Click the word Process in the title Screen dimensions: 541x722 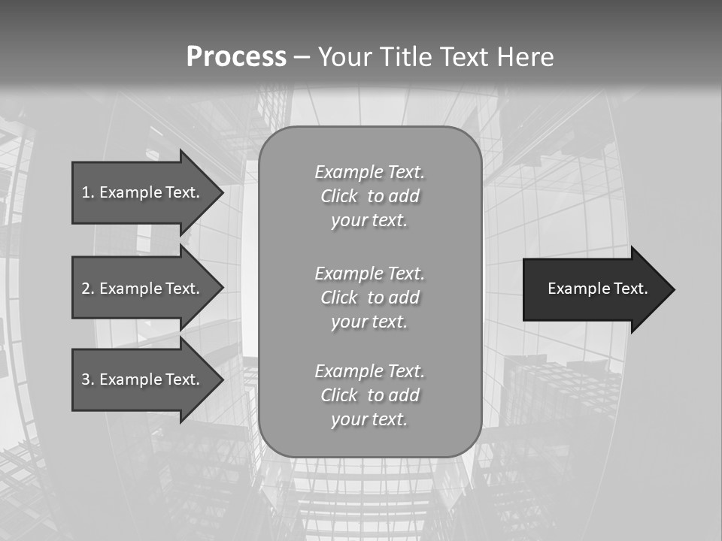236,57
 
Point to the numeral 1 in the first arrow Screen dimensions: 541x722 86,192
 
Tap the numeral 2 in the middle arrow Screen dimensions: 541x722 86,289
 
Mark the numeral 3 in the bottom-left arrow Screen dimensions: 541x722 86,379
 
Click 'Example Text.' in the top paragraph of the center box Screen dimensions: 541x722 369,172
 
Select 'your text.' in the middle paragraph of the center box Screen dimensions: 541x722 369,322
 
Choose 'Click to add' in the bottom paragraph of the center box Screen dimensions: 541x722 369,395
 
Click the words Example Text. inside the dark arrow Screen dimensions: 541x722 597,289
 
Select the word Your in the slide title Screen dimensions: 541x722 344,57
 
